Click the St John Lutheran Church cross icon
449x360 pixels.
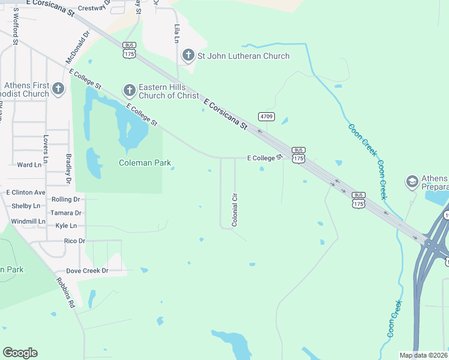click(188, 56)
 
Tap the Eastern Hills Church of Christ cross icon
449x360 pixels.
click(129, 91)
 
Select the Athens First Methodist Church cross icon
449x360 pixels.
click(58, 89)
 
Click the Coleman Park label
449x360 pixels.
click(145, 163)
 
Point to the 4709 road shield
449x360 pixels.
click(267, 116)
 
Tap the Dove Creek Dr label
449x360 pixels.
click(87, 271)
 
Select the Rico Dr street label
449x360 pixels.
click(74, 241)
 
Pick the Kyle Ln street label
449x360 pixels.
click(65, 226)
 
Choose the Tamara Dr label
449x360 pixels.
click(66, 213)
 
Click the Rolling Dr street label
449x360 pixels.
click(65, 199)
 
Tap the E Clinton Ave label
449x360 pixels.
click(26, 193)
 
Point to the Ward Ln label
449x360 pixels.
click(29, 164)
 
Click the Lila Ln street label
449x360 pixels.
click(176, 34)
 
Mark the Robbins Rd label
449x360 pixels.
click(65, 292)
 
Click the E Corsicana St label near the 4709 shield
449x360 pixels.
click(226, 115)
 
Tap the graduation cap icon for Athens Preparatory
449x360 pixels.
click(412, 181)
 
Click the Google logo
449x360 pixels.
click(20, 353)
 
